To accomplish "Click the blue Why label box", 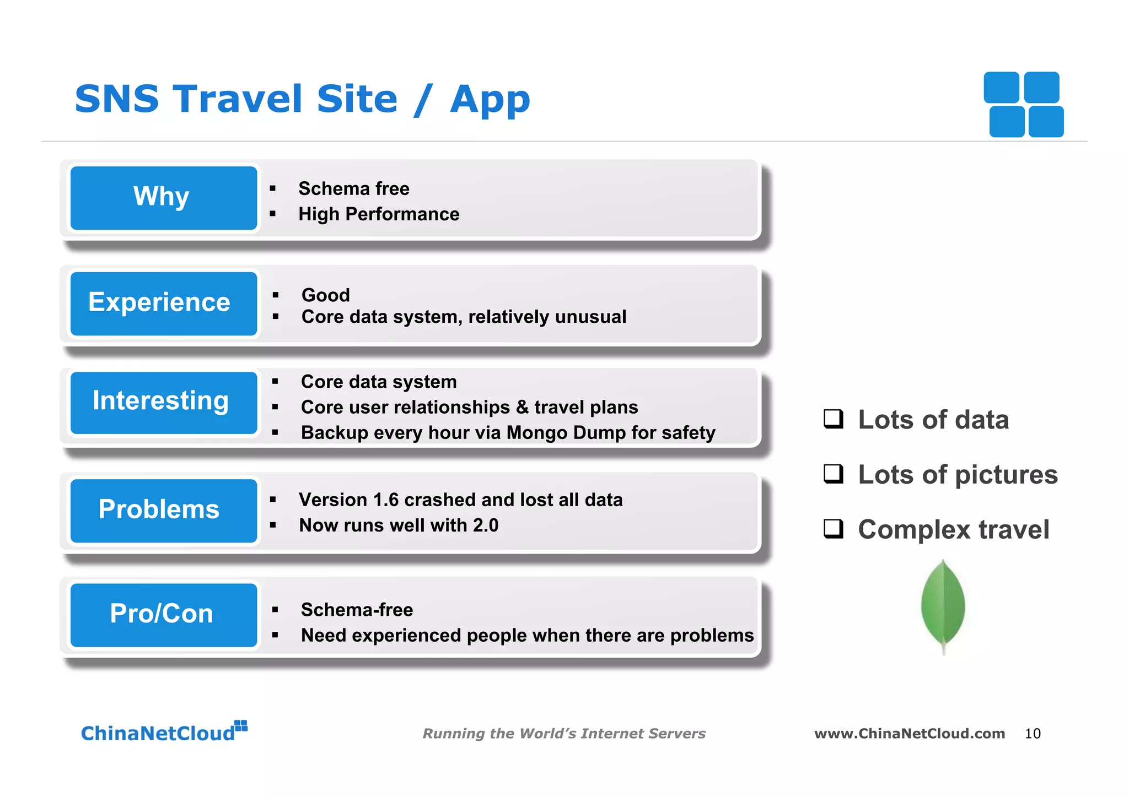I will point(164,198).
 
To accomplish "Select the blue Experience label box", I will point(164,303).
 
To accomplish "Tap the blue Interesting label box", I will point(164,403).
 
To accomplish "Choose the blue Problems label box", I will point(164,511).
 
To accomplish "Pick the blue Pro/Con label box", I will point(164,615).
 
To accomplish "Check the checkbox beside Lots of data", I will point(833,419).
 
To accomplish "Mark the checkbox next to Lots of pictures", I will point(833,474).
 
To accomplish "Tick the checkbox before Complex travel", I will point(833,529).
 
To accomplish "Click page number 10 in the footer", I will point(1032,734).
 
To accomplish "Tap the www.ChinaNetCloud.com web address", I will point(909,734).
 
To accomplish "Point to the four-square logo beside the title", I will point(1024,105).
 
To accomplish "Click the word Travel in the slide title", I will point(238,99).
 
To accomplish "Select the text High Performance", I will point(379,214).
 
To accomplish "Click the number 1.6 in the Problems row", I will point(385,500).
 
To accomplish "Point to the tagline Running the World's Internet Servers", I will point(563,734).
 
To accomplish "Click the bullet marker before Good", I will point(276,295).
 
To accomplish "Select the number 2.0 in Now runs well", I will point(485,525).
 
